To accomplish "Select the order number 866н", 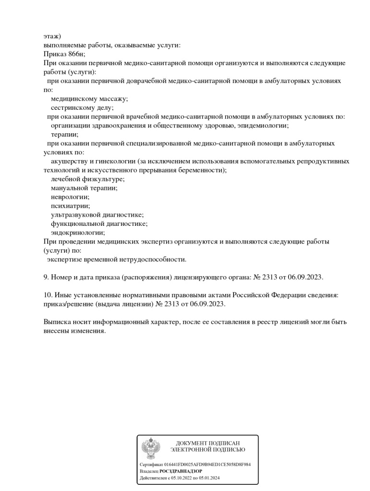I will point(75,54).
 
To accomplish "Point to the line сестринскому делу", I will point(82,108).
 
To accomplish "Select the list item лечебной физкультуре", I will point(87,179).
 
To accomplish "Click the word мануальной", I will point(71,188).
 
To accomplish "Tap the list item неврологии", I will point(70,197).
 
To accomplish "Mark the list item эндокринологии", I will point(77,233).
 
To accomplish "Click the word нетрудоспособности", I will point(152,259).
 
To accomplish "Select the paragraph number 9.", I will point(46,277).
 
